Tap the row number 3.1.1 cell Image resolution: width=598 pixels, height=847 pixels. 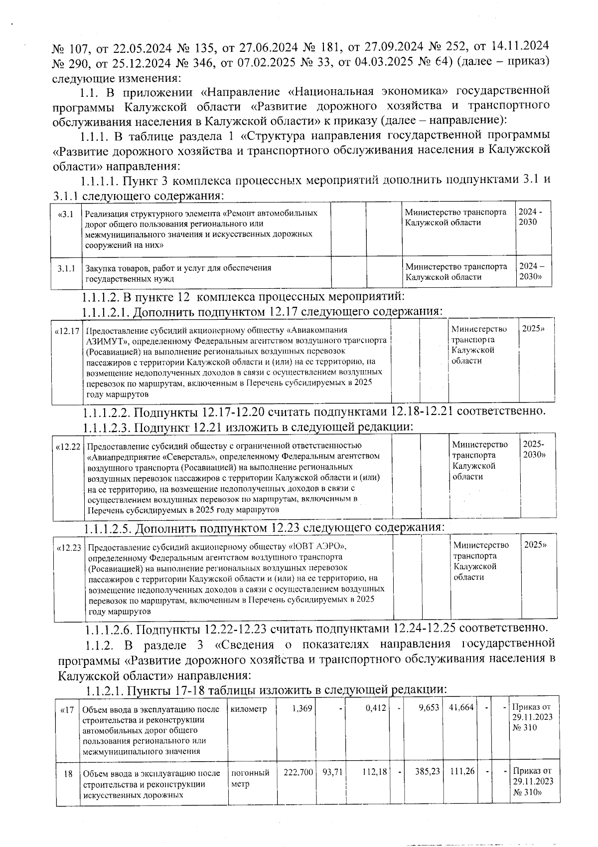pyautogui.click(x=66, y=268)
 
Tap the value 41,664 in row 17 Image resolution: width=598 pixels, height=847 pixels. pyautogui.click(x=461, y=707)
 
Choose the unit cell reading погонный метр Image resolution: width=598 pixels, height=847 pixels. pyautogui.click(x=250, y=778)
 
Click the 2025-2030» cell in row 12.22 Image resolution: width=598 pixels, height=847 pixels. pyautogui.click(x=534, y=449)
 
